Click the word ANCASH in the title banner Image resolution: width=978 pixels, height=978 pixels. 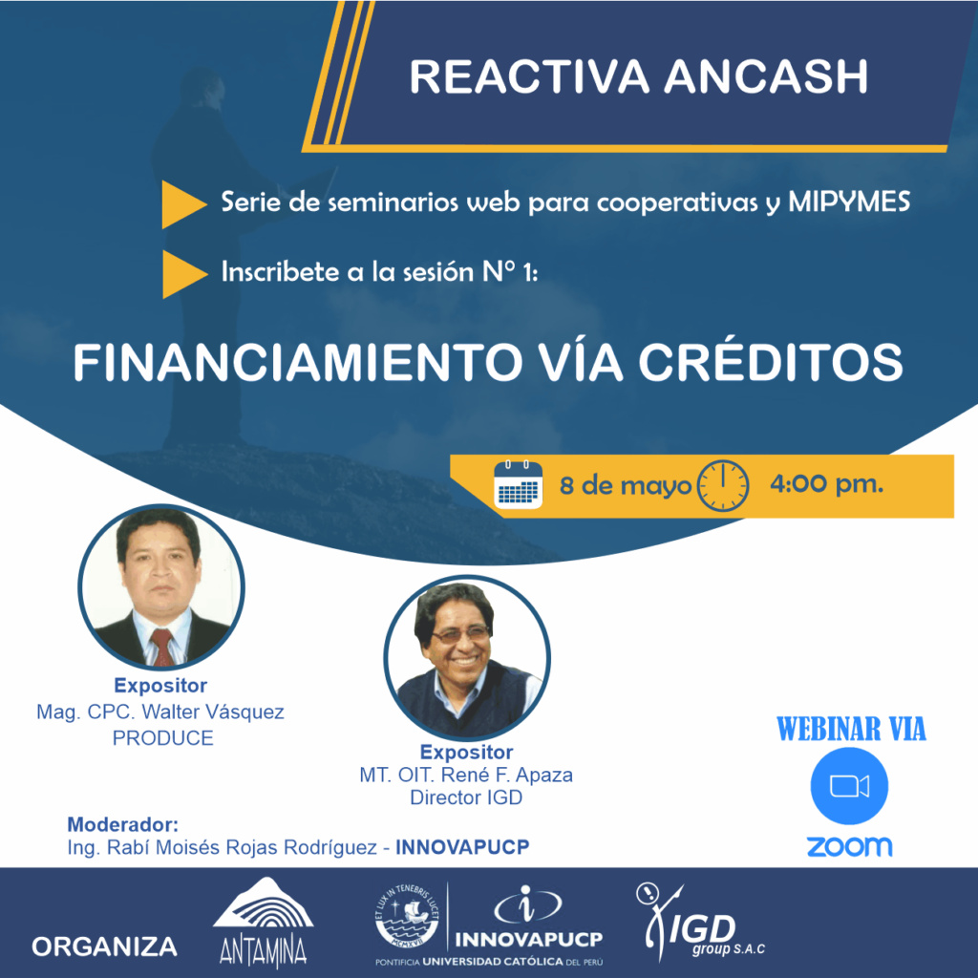(x=765, y=76)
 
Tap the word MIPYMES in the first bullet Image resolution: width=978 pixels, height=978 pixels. (x=849, y=202)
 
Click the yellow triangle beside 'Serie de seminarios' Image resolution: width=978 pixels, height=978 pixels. (x=183, y=204)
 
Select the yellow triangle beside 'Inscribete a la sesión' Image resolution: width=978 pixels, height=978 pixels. (x=184, y=274)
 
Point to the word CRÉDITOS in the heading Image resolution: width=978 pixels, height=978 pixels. (x=771, y=362)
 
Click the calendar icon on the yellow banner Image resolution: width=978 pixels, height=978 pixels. (x=518, y=484)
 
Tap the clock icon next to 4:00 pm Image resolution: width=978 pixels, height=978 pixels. (x=722, y=486)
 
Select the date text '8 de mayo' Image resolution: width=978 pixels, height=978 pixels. (x=625, y=486)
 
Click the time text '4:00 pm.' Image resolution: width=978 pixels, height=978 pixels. (x=826, y=483)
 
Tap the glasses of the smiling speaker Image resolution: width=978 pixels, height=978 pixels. (x=462, y=635)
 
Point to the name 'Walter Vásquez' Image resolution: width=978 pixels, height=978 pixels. (x=213, y=712)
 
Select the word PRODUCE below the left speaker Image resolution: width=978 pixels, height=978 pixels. (x=162, y=738)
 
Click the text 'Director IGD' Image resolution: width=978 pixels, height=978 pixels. (x=466, y=797)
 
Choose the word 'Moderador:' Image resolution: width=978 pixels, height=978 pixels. (x=123, y=824)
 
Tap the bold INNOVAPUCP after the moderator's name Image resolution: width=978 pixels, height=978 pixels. (x=462, y=847)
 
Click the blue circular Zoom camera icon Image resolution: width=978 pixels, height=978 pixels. (x=849, y=786)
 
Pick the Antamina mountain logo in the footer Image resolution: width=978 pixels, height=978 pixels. (x=263, y=923)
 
